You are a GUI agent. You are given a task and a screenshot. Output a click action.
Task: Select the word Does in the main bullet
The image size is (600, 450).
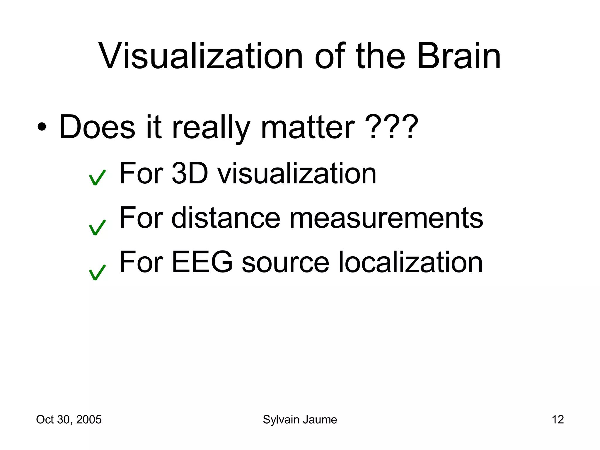pyautogui.click(x=97, y=127)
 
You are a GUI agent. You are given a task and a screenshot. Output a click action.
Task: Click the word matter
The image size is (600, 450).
pyautogui.click(x=308, y=127)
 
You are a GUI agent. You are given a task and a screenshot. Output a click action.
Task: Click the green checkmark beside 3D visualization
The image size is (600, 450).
pyautogui.click(x=97, y=178)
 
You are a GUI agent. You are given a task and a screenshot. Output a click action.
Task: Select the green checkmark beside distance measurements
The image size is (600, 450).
pyautogui.click(x=97, y=228)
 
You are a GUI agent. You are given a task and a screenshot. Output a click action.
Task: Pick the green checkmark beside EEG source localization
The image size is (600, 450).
pyautogui.click(x=97, y=272)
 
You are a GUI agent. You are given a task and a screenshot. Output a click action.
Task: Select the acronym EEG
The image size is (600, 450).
pyautogui.click(x=202, y=262)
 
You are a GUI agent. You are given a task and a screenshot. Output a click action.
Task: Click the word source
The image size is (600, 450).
pyautogui.click(x=285, y=262)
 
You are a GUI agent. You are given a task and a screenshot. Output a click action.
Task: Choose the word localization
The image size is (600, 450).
pyautogui.click(x=410, y=262)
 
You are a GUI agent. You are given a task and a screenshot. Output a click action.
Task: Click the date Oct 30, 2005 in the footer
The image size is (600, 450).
pyautogui.click(x=69, y=420)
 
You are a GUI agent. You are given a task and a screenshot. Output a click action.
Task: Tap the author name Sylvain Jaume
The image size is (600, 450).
pyautogui.click(x=300, y=420)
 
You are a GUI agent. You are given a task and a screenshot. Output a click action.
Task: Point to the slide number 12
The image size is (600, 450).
pyautogui.click(x=558, y=420)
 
